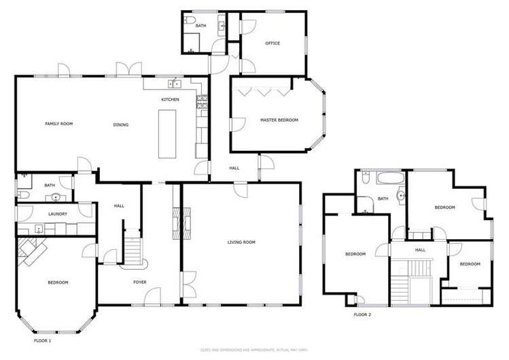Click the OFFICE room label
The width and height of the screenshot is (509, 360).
pyautogui.click(x=273, y=43)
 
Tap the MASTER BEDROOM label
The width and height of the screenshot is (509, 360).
pyautogui.click(x=279, y=120)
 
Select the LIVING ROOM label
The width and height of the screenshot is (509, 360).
pyautogui.click(x=241, y=242)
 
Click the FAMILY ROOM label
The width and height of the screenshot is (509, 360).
pyautogui.click(x=58, y=124)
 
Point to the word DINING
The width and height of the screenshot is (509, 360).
pyautogui.click(x=121, y=125)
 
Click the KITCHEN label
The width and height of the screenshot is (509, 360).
pyautogui.click(x=170, y=101)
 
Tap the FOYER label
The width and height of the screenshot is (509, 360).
pyautogui.click(x=140, y=282)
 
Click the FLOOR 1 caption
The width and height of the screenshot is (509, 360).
pyautogui.click(x=42, y=340)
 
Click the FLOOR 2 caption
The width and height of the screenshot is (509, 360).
pyautogui.click(x=362, y=315)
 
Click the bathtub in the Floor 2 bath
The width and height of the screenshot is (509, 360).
pyautogui.click(x=388, y=180)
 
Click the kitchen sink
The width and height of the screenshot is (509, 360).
pyautogui.click(x=176, y=84)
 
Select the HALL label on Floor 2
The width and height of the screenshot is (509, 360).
pyautogui.click(x=420, y=250)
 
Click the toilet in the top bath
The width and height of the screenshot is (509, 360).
pyautogui.click(x=192, y=25)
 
